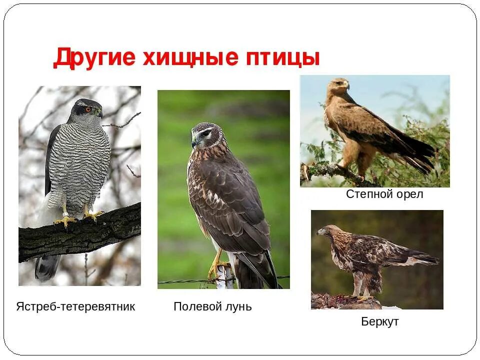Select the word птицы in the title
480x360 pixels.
coord(281,58)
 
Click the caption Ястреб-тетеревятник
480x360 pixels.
coord(75,306)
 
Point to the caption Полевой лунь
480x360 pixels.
coord(212,306)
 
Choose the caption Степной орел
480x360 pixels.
coord(384,194)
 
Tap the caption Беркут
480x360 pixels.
coord(380,321)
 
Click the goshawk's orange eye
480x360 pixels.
coord(88,109)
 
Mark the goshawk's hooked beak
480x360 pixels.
coord(99,113)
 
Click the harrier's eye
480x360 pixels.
coord(204,134)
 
